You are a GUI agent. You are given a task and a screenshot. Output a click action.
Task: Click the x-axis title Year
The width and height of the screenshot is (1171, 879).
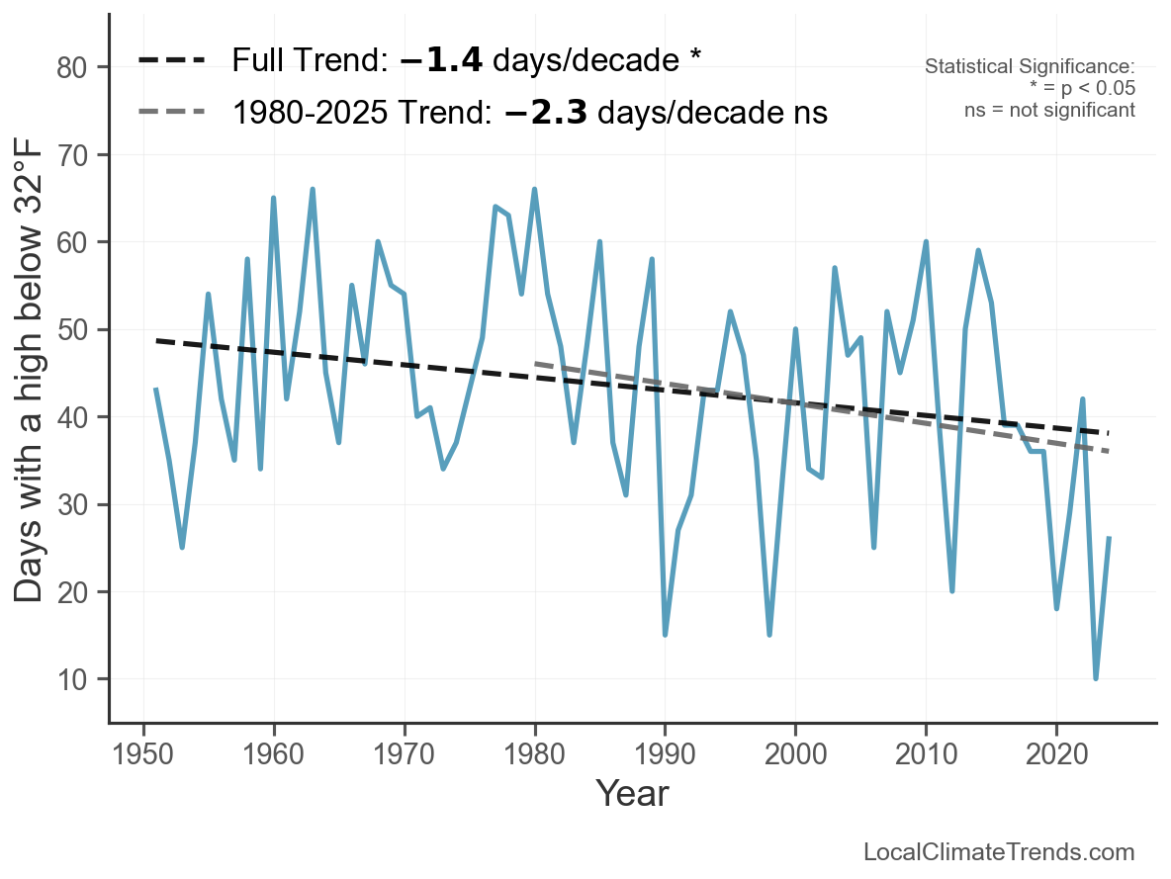(x=632, y=793)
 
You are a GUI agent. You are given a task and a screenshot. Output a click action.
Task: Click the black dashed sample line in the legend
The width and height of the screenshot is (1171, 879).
(x=171, y=60)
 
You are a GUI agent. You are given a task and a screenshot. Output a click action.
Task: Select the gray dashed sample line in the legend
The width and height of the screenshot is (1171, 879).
(x=171, y=113)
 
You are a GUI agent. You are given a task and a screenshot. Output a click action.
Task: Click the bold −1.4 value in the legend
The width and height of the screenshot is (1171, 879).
(x=441, y=60)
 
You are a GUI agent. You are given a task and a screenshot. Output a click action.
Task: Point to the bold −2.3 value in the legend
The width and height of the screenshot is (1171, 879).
(x=546, y=113)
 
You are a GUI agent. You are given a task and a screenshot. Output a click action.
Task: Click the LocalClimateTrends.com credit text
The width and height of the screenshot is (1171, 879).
(x=999, y=852)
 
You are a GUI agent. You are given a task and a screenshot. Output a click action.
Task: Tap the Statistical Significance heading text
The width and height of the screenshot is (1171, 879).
(x=1030, y=67)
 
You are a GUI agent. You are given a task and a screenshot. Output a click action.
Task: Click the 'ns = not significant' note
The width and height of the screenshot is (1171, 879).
(x=1049, y=110)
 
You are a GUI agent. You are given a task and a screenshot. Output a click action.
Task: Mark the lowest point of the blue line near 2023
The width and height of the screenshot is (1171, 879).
(x=1095, y=678)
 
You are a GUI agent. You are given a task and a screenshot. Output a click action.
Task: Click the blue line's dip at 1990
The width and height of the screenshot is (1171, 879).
(x=665, y=635)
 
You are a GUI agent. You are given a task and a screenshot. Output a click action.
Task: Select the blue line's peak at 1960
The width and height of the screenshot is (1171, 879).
(x=273, y=198)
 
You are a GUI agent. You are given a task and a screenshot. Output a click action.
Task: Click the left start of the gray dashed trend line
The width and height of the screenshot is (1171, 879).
(x=535, y=364)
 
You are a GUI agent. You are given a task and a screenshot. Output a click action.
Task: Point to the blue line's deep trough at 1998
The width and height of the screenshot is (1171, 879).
(x=769, y=635)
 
